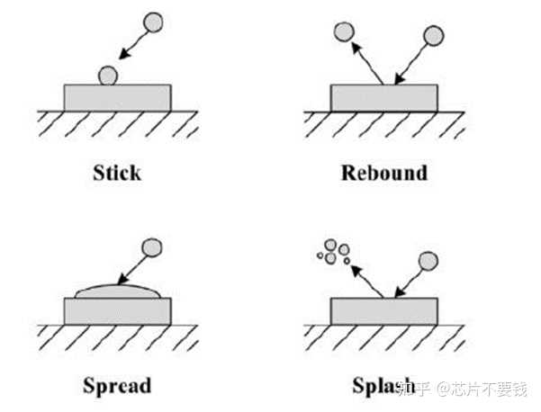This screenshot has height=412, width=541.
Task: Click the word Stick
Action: pos(117,172)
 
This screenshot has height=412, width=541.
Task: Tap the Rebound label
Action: pos(383,172)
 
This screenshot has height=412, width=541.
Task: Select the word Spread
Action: pos(117,387)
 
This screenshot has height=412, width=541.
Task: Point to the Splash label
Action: pos(378,387)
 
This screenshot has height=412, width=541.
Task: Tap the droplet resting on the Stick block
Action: pos(108,76)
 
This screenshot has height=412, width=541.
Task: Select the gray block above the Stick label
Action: pos(117,97)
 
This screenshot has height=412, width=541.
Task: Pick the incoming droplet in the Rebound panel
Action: pos(434,35)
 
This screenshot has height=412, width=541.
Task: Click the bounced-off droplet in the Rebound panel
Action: pos(343,33)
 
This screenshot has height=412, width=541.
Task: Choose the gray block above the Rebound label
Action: pos(384,97)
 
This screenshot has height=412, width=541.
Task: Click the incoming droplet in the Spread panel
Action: pos(153,245)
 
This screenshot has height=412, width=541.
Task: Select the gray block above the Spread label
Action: pos(117,311)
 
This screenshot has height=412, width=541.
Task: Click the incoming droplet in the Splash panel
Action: pos(428,261)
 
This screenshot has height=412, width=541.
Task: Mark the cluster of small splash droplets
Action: pos(333,252)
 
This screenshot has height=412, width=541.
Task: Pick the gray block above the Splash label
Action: pos(384,311)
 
